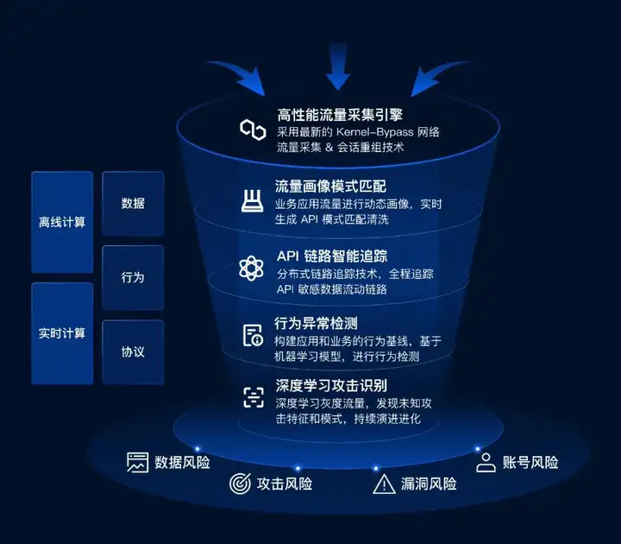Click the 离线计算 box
pyautogui.click(x=62, y=222)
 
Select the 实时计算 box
pyautogui.click(x=62, y=333)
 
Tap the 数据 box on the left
pyautogui.click(x=133, y=203)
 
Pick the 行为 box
pyautogui.click(x=133, y=278)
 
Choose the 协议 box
pyautogui.click(x=133, y=352)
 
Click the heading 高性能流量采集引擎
pyautogui.click(x=337, y=116)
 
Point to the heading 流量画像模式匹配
pyautogui.click(x=331, y=186)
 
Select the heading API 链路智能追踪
pyautogui.click(x=331, y=256)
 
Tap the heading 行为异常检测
pyautogui.click(x=317, y=324)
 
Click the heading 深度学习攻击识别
pyautogui.click(x=331, y=385)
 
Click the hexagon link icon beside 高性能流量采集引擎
pyautogui.click(x=253, y=130)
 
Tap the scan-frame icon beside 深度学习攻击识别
pyautogui.click(x=253, y=396)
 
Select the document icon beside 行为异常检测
pyautogui.click(x=253, y=335)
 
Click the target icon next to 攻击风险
pyautogui.click(x=239, y=484)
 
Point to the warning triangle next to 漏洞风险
pyautogui.click(x=383, y=484)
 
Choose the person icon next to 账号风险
pyautogui.click(x=486, y=462)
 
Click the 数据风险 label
pyautogui.click(x=182, y=462)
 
